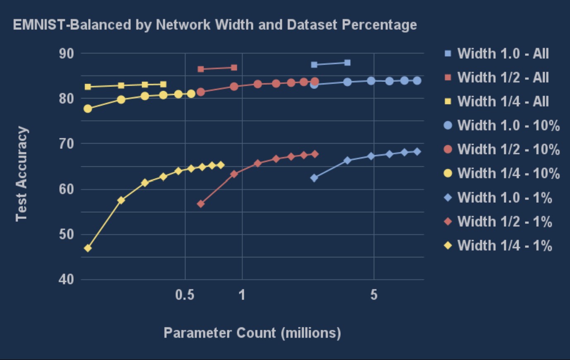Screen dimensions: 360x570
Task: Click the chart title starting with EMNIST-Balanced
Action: (215, 25)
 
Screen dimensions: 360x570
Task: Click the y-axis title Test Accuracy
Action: (22, 174)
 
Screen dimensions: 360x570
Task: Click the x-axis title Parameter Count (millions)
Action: (252, 333)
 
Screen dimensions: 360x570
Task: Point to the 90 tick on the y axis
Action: (66, 53)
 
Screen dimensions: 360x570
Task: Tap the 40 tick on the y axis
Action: (66, 279)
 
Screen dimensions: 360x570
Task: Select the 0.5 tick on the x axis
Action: (185, 295)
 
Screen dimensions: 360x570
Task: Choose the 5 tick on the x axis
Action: (374, 295)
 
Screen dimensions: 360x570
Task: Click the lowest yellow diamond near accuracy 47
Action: (88, 248)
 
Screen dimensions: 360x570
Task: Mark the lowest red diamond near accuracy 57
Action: (201, 204)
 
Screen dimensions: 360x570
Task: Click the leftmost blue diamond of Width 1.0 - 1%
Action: (314, 178)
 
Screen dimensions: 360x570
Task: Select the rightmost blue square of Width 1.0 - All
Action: (347, 62)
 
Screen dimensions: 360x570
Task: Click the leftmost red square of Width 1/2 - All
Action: (201, 69)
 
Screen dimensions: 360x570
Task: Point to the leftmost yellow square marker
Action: (88, 87)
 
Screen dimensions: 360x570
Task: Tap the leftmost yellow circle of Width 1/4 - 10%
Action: (88, 109)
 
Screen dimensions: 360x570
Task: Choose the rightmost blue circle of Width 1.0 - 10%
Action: (417, 81)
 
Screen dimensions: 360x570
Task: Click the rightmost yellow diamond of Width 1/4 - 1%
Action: (221, 165)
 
